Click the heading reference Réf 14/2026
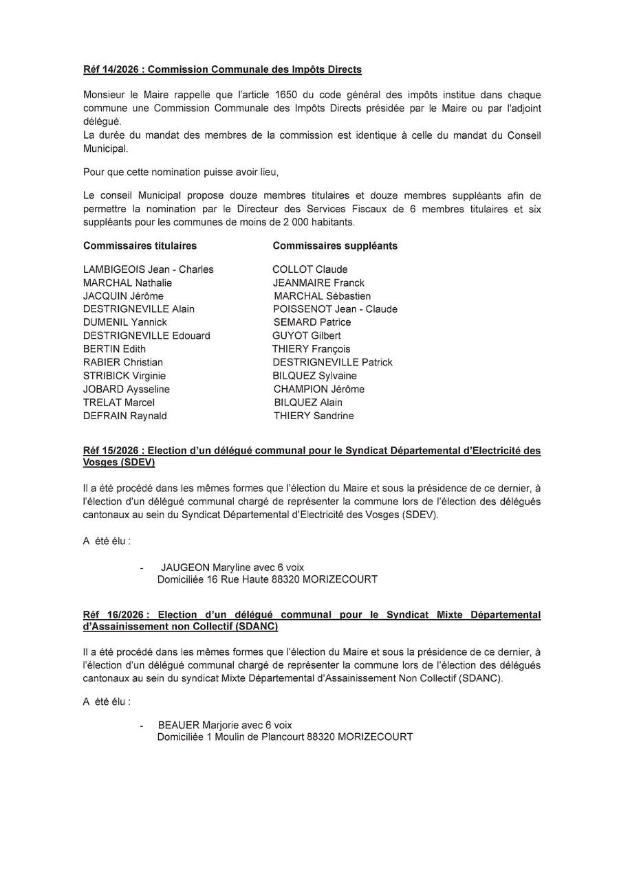coord(112,69)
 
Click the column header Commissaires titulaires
coord(140,245)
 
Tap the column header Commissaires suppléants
coord(335,245)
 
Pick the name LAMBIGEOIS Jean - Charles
coord(148,269)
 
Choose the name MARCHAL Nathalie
coord(127,282)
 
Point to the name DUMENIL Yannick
coord(124,322)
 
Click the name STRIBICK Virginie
coord(124,376)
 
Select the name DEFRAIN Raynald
coord(124,416)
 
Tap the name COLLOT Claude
coord(309,269)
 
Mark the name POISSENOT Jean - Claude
coord(335,309)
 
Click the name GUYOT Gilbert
coord(306,335)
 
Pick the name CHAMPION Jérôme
coord(318,389)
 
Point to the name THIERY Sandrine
coord(314,416)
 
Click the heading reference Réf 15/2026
coord(112,451)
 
